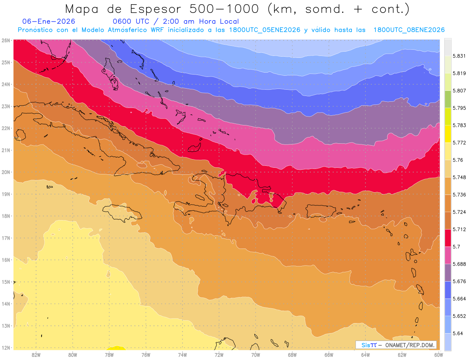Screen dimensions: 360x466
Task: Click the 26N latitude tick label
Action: pos(6,40)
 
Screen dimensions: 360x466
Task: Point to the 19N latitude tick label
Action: pos(6,194)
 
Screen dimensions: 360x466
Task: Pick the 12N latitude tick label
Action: pos(6,348)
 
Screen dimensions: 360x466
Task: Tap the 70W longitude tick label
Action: pos(256,354)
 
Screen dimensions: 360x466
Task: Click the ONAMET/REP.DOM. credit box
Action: pos(396,345)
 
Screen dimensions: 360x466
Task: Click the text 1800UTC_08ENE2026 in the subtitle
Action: pos(409,30)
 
